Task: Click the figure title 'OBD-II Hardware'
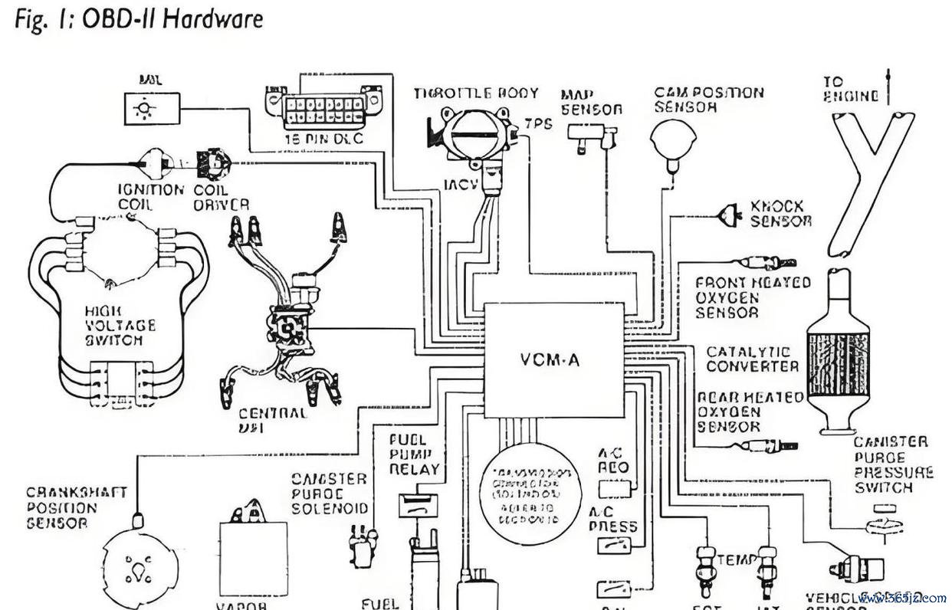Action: click(139, 18)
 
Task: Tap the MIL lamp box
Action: click(152, 108)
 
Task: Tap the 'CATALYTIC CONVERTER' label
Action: click(752, 359)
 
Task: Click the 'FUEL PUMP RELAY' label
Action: click(414, 454)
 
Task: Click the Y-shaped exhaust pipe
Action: click(871, 176)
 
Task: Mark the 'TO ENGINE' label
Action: click(849, 89)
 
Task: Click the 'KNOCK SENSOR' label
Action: click(780, 213)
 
